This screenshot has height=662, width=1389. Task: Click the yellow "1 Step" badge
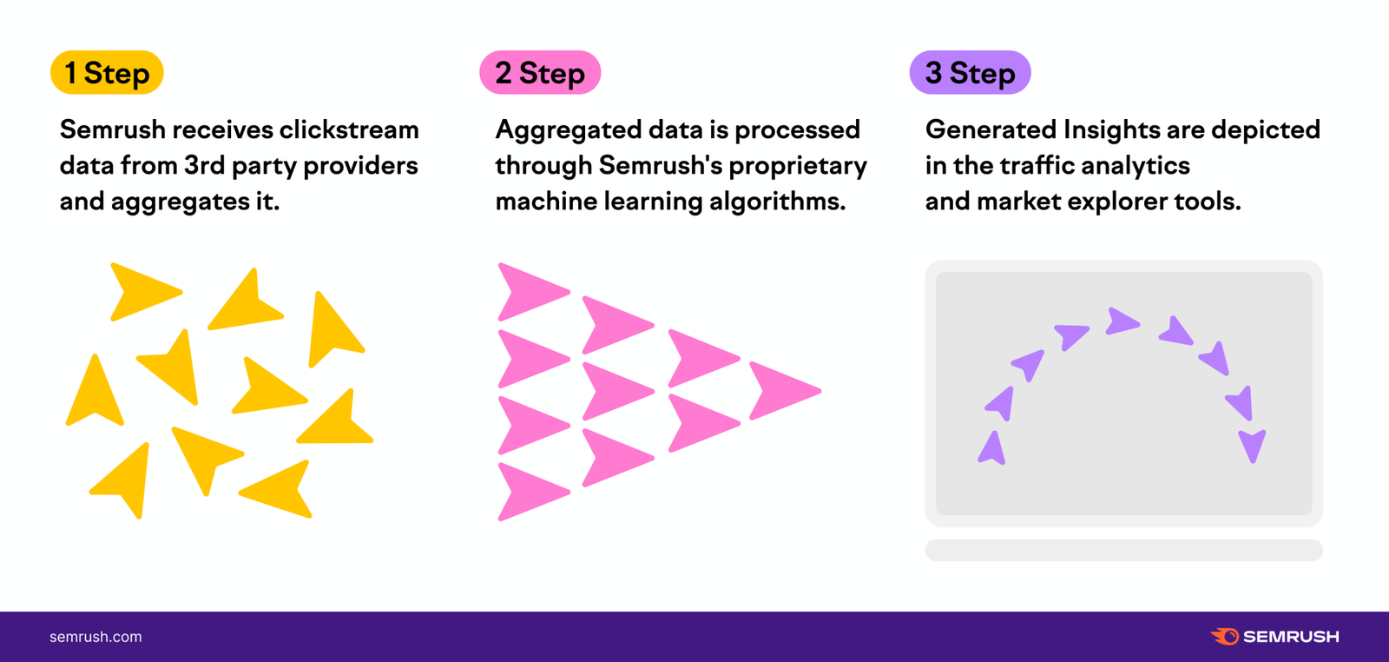click(107, 73)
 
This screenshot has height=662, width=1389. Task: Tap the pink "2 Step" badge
click(540, 73)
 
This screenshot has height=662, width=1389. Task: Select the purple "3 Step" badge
click(970, 73)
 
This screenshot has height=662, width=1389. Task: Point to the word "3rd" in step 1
click(205, 166)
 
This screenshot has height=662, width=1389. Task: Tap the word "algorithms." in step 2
click(777, 202)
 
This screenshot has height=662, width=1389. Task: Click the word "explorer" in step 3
click(1116, 202)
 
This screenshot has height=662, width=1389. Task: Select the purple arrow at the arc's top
click(1122, 321)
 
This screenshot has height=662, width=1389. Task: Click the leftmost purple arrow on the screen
click(991, 449)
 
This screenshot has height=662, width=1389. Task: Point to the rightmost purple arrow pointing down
click(1252, 444)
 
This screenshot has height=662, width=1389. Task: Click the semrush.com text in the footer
click(95, 637)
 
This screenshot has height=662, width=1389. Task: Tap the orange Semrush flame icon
click(1225, 637)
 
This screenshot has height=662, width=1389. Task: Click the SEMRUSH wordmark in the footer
click(1291, 637)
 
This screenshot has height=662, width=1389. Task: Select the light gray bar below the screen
click(1123, 550)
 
